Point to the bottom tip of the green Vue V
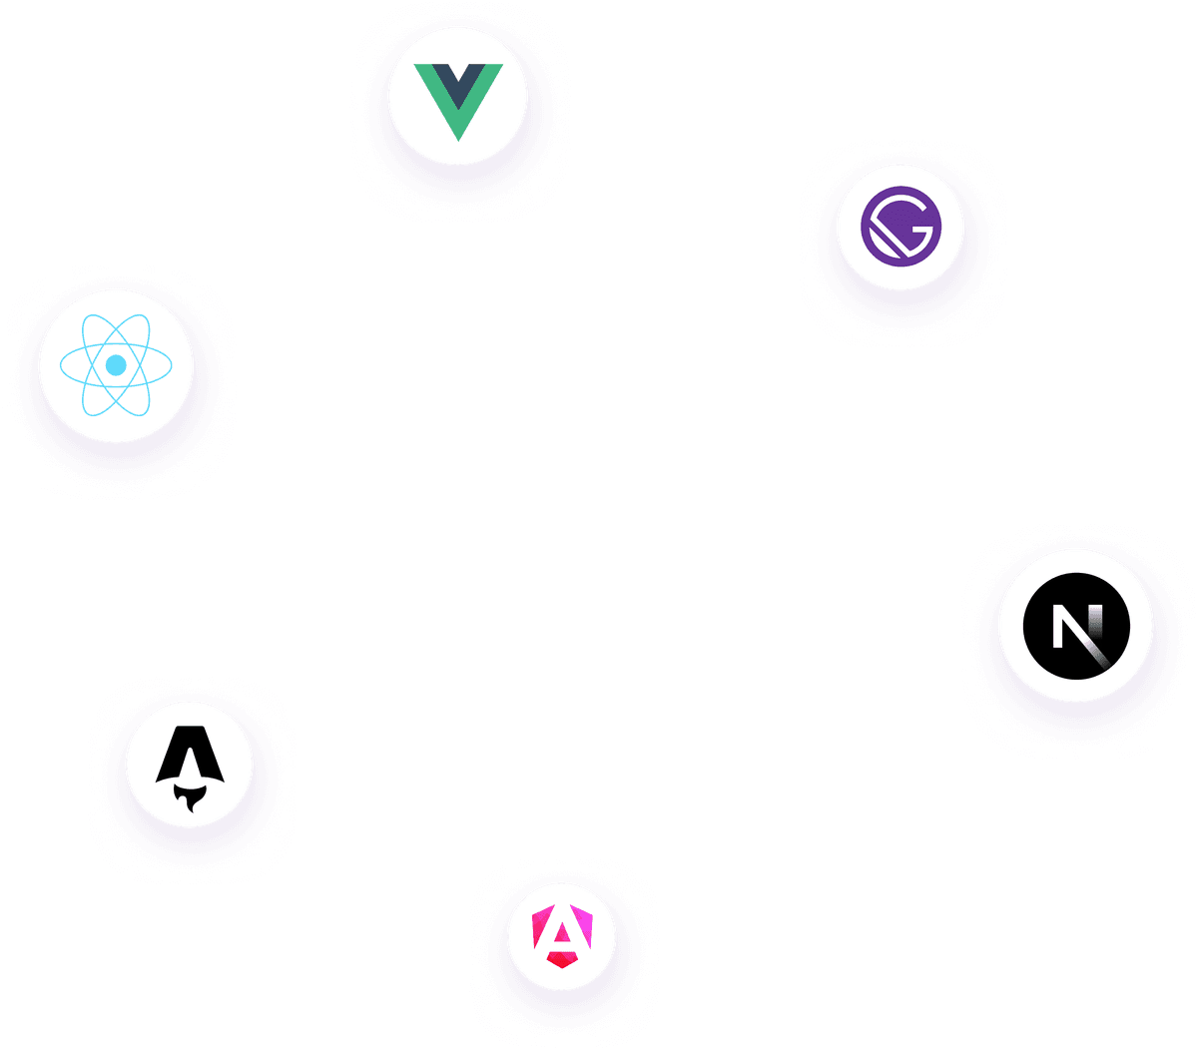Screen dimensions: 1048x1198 point(458,136)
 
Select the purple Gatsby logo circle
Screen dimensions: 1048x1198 point(900,228)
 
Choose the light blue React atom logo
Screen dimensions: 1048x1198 point(116,365)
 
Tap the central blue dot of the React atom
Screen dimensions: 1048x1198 point(116,365)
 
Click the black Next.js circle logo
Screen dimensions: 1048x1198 point(1076,626)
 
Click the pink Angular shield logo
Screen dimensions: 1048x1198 point(562,935)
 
